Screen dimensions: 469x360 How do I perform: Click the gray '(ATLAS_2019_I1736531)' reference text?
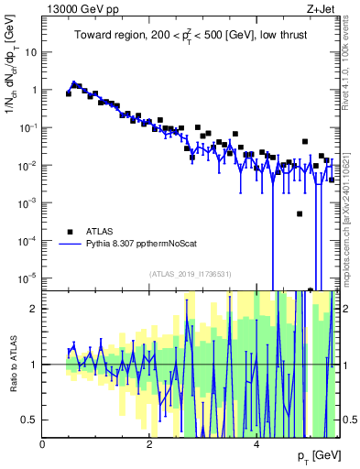tap(191, 274)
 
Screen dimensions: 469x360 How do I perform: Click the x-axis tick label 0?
tap(43, 444)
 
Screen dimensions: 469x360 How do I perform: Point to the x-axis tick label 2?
tap(150, 444)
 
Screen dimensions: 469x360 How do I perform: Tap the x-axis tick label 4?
tap(256, 444)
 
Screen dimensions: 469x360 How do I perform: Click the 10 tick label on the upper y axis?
tap(31, 52)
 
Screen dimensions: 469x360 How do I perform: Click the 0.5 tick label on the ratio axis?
tap(29, 420)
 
